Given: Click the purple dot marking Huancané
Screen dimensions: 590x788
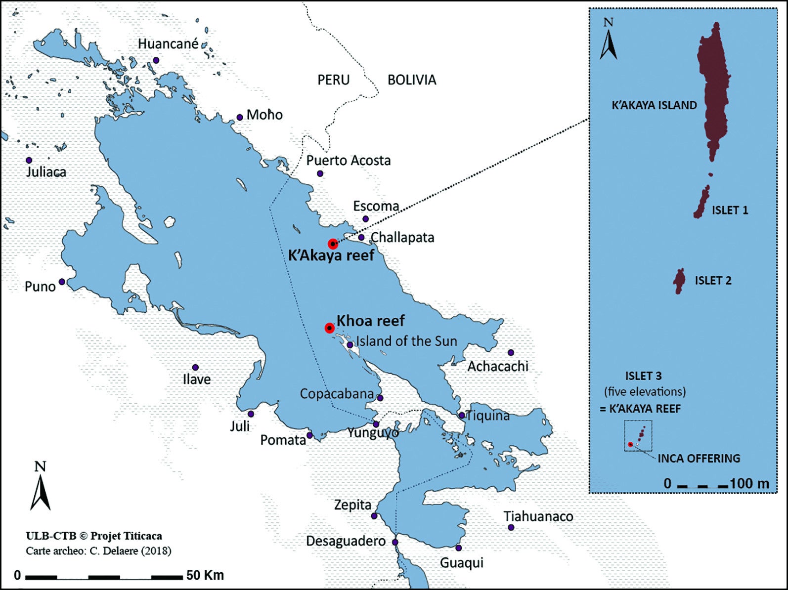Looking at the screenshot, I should point(156,60).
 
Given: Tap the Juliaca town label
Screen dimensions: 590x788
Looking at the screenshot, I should point(46,172).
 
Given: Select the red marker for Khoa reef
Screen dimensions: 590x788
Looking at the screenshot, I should point(329,328).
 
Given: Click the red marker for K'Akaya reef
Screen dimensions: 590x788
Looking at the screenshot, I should point(333,244).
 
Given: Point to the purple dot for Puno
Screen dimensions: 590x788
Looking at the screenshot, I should point(62,282).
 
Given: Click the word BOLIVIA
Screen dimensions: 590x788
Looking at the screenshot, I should point(411,80).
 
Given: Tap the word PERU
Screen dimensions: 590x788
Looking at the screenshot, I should point(333,80).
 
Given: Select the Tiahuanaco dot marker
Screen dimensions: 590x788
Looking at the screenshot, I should point(511,528).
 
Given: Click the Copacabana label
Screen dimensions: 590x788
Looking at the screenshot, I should point(337,394).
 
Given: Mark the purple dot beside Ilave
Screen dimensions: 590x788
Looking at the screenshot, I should point(195,368).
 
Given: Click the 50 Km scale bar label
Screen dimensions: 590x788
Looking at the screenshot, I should point(205,576).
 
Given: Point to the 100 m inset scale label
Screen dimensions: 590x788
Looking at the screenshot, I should point(749,483).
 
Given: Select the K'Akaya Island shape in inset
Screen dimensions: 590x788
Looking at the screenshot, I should point(714,94).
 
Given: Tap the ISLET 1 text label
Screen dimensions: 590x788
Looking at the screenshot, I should point(730,210).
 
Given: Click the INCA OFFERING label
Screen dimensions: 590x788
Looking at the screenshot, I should point(699,459).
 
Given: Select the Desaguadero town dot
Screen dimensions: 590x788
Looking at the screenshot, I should point(395,542).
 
